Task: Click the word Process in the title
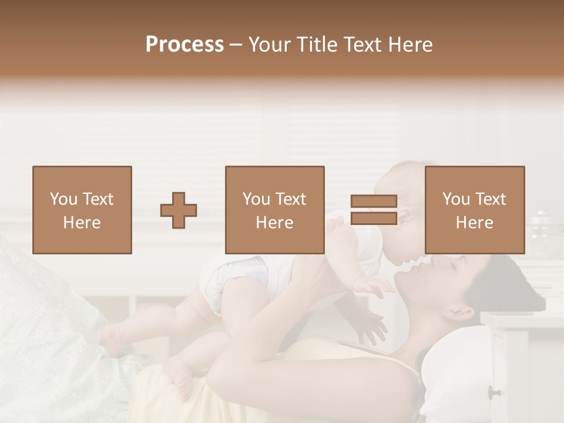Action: click(184, 45)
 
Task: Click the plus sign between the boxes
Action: click(179, 210)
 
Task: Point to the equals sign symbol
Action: click(374, 210)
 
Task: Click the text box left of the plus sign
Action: click(82, 210)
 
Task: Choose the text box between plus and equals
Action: click(275, 210)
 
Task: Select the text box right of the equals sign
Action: click(475, 210)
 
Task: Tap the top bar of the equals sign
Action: click(374, 202)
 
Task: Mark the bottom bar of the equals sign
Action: click(374, 218)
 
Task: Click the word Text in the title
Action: click(364, 45)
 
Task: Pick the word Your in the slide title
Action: click(268, 45)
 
